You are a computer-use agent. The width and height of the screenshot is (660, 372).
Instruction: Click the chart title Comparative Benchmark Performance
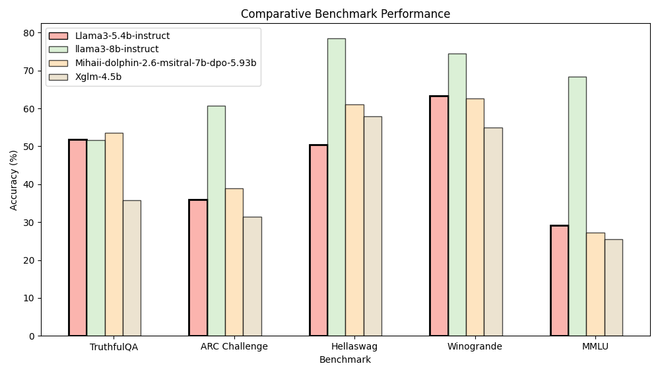345,14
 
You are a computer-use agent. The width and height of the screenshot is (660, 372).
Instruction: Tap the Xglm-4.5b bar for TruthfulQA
131,268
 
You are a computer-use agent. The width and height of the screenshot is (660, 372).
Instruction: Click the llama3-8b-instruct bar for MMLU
577,206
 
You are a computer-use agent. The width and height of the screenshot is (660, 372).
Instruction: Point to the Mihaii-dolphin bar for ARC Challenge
234,262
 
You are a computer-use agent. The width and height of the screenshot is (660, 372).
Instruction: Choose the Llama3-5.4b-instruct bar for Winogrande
439,215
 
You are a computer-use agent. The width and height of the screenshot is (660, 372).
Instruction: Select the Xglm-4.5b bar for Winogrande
493,231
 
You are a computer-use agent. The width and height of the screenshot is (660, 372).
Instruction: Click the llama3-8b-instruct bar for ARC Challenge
216,221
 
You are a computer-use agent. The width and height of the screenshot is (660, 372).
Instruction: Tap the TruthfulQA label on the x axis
114,347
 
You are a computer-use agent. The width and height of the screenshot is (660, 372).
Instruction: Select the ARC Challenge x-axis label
234,347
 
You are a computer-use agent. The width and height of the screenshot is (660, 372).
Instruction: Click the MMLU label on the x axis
595,347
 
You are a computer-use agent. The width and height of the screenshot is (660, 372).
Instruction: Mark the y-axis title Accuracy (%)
14,180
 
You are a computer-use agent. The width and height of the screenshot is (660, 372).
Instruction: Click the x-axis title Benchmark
345,360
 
